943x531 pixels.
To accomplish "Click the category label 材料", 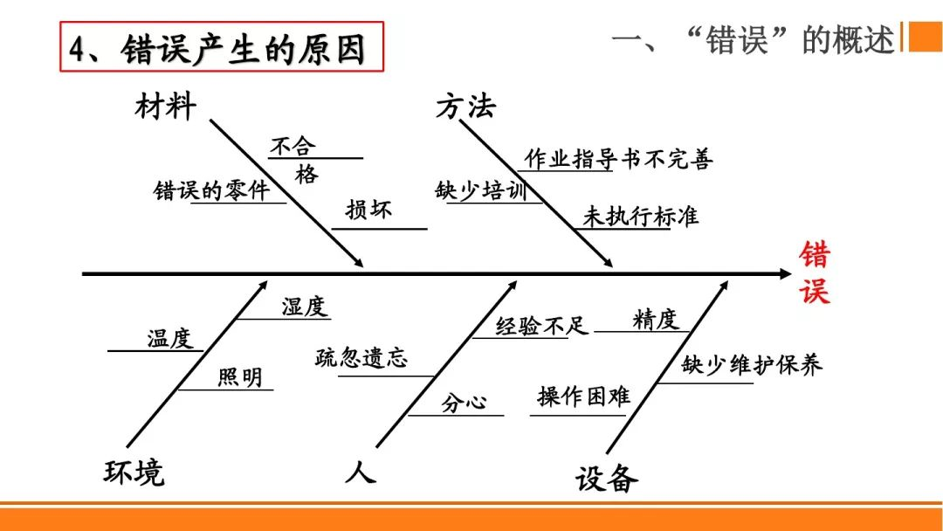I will point(166,107).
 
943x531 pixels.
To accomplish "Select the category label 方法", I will point(465,107).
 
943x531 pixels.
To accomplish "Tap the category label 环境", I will point(134,472).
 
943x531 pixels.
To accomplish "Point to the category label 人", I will point(360,472).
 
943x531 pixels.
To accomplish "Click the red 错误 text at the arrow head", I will point(815,272).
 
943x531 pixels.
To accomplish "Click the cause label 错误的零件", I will point(211,190).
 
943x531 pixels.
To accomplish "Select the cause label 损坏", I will point(368,210).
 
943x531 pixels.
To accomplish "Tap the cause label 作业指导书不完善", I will point(617,159).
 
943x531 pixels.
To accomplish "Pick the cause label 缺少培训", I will point(481,190).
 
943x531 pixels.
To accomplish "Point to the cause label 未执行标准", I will point(641,217).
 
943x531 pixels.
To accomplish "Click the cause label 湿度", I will point(303,307).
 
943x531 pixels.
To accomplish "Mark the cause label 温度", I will point(169,338).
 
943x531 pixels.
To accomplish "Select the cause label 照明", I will point(239,377).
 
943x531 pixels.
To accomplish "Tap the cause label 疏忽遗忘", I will point(361,357).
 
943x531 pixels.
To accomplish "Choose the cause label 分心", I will point(464,403).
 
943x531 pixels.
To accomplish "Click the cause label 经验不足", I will point(543,327).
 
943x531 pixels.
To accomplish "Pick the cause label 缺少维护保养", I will point(752,365).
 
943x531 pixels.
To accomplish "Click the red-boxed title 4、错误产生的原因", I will point(223,47).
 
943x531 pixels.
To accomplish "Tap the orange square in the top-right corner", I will point(926,37).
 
